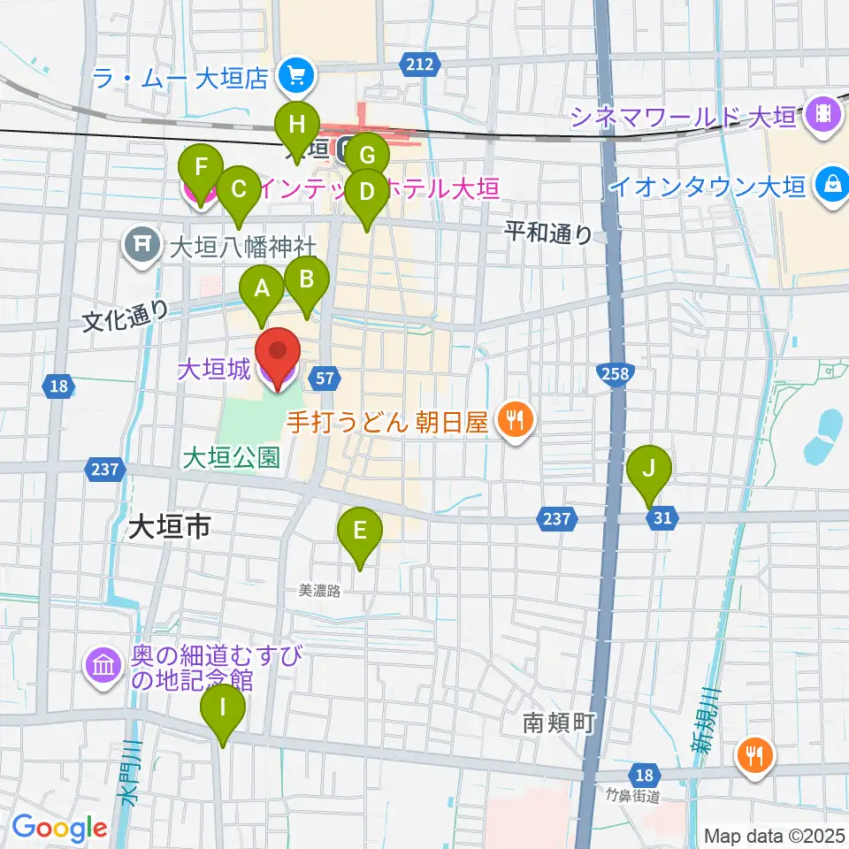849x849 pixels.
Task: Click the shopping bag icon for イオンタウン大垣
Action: coord(832,186)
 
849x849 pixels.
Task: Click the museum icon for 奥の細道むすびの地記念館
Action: coord(103,666)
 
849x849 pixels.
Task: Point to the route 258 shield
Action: coord(616,374)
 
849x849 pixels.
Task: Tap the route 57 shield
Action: coord(325,379)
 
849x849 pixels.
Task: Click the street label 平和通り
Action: coord(548,233)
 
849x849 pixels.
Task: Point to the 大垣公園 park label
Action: coord(233,457)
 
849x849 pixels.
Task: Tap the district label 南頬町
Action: coord(555,723)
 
